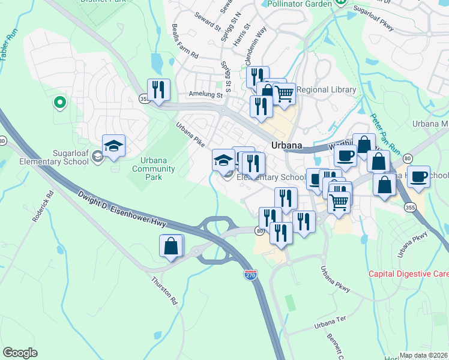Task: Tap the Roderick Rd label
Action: tap(43, 207)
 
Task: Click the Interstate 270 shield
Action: tap(251, 275)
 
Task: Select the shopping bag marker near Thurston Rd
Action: tap(171, 245)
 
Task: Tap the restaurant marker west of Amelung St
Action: tap(158, 89)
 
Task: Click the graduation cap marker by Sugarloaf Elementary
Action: tap(113, 146)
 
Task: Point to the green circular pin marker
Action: tap(59, 103)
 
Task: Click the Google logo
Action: tap(20, 353)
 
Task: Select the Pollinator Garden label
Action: tap(297, 4)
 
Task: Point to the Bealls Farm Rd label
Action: tap(184, 41)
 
